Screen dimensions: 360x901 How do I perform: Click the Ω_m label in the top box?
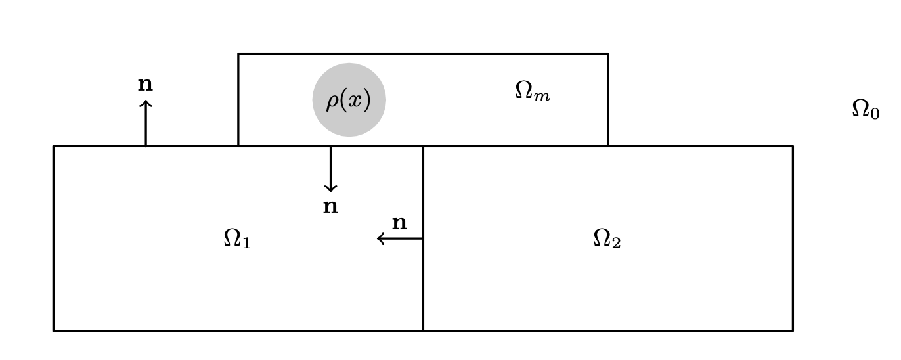532,91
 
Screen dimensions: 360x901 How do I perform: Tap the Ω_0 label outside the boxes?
865,109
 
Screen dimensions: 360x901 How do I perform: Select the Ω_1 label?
236,238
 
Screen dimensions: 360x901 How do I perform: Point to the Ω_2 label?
607,238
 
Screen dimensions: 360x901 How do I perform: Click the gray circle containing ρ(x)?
349,100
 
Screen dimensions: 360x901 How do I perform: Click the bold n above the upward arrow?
145,85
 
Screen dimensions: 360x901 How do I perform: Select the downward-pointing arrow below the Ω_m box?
330,169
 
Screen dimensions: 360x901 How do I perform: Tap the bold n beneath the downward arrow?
330,207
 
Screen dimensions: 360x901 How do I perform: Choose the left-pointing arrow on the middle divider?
399,238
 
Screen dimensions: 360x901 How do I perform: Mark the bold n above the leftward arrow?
399,223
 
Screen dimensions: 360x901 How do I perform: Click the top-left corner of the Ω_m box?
238,54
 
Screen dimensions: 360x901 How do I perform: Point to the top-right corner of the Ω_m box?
607,54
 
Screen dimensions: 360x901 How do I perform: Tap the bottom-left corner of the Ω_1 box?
54,330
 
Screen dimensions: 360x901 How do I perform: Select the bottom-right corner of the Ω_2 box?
793,330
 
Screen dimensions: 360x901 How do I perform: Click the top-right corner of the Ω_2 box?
793,146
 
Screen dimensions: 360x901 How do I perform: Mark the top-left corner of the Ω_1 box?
54,146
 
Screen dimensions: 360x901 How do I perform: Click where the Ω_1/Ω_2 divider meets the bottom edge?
423,330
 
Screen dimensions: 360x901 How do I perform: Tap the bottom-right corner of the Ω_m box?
607,146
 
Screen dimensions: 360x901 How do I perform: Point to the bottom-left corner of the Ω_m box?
238,146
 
